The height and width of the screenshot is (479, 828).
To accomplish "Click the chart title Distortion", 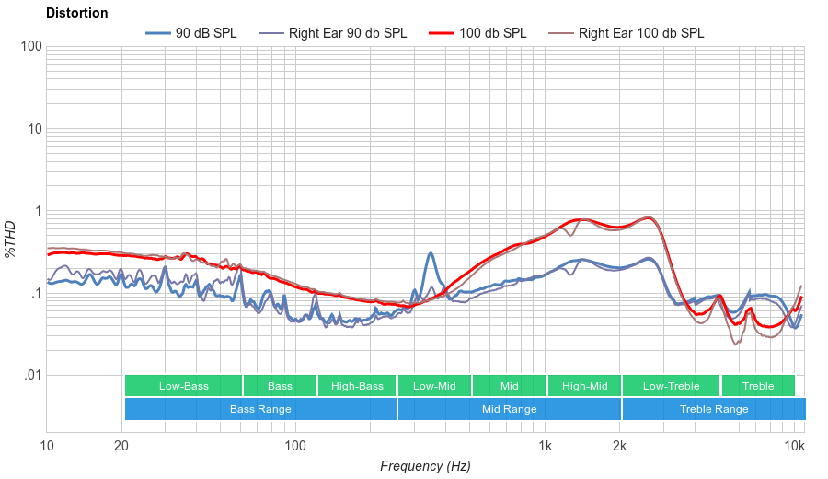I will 77,14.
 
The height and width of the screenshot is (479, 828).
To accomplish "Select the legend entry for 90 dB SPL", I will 190,33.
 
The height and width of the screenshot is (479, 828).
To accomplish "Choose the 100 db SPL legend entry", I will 477,33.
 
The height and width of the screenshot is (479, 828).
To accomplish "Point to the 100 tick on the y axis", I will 29,47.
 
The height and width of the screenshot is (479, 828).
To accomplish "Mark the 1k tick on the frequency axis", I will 545,447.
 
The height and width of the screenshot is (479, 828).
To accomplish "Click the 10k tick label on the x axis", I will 794,447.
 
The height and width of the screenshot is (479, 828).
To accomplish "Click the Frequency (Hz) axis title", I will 425,466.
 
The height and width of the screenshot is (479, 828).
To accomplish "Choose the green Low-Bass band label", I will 183,386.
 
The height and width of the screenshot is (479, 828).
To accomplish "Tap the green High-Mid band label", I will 584,386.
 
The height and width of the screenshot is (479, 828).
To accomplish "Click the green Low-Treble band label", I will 671,386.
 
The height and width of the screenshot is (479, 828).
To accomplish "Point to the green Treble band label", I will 758,386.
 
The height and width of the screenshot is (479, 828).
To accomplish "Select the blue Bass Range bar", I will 260,409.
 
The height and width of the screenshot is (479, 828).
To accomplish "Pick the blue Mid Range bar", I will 509,409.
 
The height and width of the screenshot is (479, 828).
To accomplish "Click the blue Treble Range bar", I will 713,409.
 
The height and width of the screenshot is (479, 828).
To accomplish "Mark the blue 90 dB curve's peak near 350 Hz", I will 430,254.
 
